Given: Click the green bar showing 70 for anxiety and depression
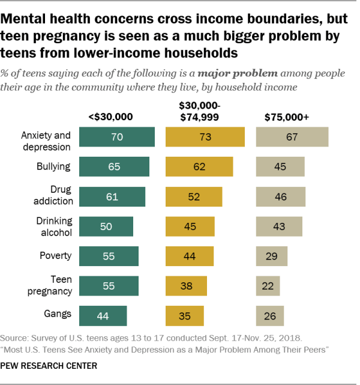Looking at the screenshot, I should tap(116, 137).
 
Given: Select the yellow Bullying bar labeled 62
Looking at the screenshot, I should tap(199, 166).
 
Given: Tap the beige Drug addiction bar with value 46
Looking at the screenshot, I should tap(280, 196).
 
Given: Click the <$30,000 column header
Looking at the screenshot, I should tap(111, 117).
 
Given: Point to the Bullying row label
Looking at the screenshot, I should tap(55, 166).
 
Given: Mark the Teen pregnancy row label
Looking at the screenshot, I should tap(53, 285).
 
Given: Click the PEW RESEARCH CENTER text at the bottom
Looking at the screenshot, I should tap(49, 365).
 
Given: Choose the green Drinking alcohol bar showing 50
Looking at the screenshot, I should tap(106, 226).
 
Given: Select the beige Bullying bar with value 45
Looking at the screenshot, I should tap(280, 166).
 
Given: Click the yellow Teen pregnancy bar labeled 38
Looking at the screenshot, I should tap(187, 285).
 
